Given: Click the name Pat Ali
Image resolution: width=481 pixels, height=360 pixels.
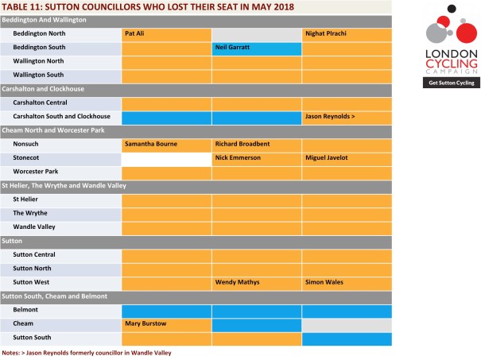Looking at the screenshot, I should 134,34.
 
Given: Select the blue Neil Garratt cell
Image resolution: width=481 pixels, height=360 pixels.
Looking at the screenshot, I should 256,48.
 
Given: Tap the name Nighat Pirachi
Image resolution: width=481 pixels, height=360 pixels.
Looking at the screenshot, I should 325,34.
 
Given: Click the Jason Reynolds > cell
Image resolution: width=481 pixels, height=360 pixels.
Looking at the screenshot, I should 347,117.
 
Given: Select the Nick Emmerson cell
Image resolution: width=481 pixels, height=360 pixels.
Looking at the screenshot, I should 256,157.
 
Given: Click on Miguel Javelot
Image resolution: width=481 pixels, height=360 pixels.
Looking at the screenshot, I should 325,157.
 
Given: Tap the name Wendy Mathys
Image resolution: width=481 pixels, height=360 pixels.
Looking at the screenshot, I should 237,281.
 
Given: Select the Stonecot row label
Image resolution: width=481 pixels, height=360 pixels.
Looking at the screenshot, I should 28,157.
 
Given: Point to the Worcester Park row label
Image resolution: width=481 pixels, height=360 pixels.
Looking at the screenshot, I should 34,171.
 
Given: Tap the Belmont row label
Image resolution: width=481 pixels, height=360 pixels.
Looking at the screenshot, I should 27,309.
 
